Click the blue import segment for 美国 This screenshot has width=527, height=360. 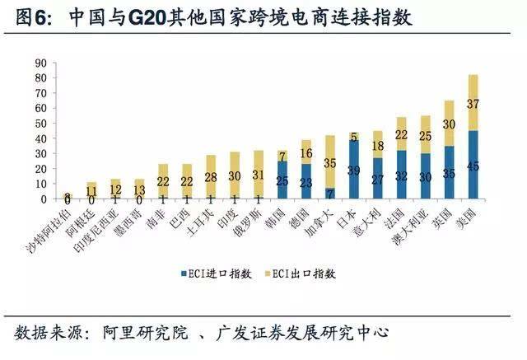(473, 164)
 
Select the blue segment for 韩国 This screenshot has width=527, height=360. (282, 180)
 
